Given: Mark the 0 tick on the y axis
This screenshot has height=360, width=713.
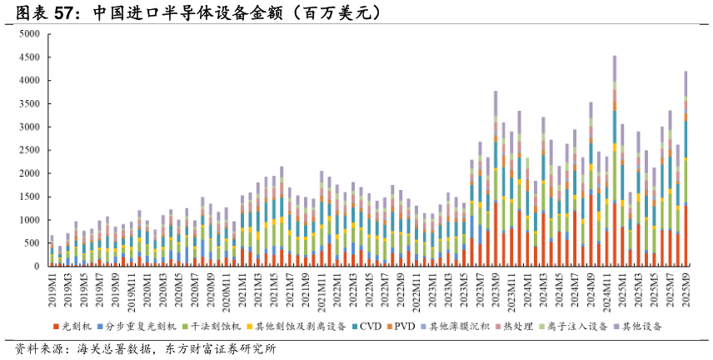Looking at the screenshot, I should (37, 267).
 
